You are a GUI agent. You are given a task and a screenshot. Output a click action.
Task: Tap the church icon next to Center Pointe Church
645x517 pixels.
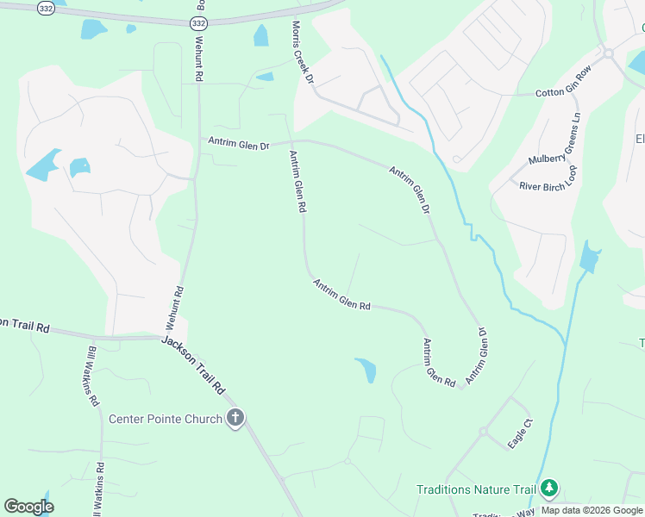coord(235,420)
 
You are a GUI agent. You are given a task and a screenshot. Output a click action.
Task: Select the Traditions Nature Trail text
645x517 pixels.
coord(476,489)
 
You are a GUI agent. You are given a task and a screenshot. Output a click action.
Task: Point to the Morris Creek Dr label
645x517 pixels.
coord(302,52)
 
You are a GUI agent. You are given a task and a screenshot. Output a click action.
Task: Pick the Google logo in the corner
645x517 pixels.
coord(28,507)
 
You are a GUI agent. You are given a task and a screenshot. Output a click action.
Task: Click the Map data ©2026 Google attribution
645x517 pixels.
coord(592,510)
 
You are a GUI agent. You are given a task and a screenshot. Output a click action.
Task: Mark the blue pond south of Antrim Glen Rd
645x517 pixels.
coord(366,370)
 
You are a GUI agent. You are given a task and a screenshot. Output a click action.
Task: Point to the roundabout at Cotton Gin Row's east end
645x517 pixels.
coord(608,53)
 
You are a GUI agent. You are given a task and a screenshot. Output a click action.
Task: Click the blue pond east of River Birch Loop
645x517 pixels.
coord(590,258)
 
